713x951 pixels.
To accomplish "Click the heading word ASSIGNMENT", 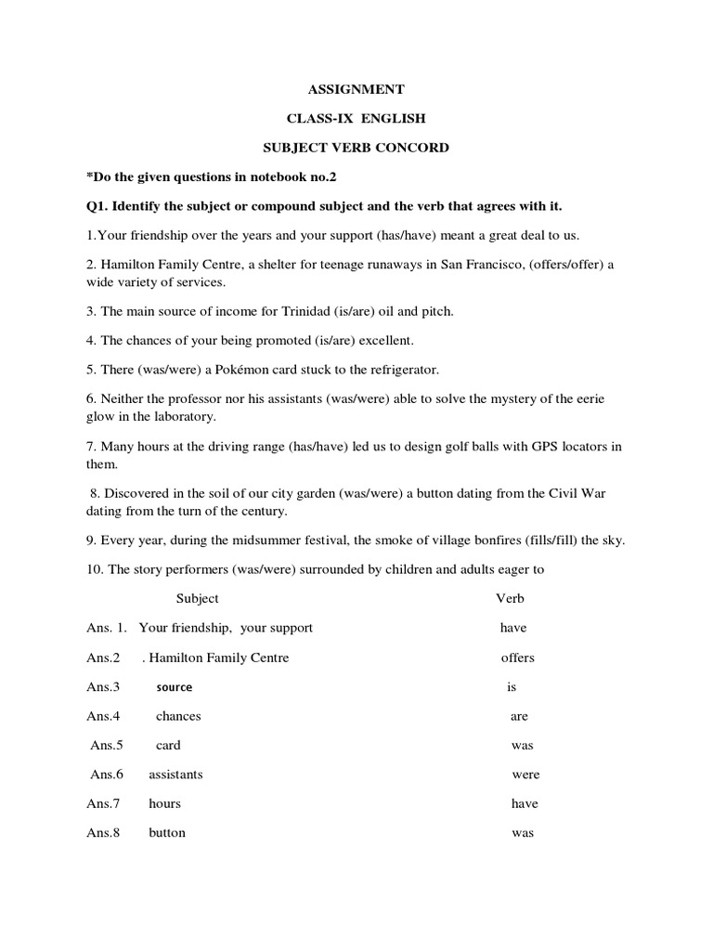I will point(356,89).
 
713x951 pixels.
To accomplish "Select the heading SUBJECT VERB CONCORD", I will point(356,148).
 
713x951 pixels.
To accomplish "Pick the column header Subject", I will point(197,598).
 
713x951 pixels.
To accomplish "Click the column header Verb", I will point(510,598).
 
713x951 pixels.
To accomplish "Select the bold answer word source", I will point(175,687).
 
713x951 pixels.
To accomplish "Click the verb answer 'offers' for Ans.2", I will point(517,658).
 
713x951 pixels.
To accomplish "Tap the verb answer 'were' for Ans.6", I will point(525,775).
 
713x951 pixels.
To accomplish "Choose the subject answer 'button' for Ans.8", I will point(167,833).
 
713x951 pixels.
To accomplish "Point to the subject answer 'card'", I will point(168,745).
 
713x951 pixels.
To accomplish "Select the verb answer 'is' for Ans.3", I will point(511,687).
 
